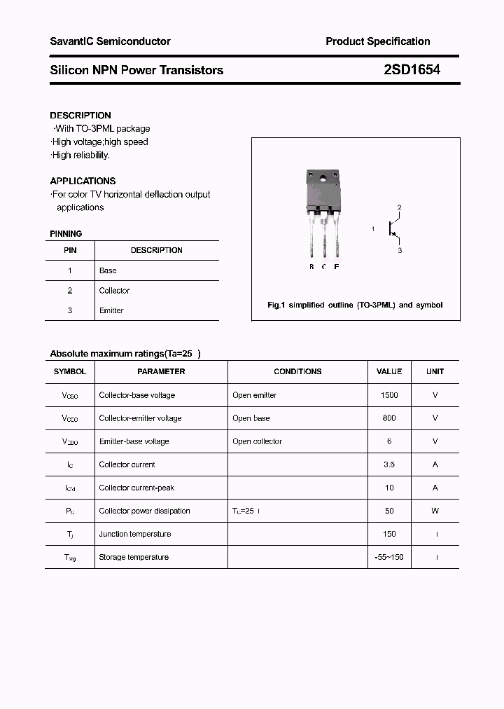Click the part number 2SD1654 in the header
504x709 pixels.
pos(412,70)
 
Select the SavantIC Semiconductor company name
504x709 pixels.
pos(110,41)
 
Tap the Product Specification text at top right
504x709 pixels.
pos(377,41)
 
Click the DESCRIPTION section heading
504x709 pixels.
pos(80,115)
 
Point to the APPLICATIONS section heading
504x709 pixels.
pos(83,181)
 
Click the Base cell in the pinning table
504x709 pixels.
pos(108,270)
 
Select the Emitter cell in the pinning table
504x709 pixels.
pos(111,310)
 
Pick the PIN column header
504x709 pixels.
pos(70,250)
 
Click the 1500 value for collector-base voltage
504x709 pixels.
pos(389,395)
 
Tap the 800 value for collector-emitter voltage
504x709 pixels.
pos(389,418)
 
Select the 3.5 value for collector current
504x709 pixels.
pos(389,464)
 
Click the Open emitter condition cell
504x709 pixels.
pos(254,395)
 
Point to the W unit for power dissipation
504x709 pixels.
pos(435,511)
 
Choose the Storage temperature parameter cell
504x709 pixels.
pos(134,557)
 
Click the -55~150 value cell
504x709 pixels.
pos(389,557)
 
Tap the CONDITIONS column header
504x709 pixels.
pos(297,371)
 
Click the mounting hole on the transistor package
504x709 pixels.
pos(323,178)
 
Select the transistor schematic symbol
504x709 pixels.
pos(394,229)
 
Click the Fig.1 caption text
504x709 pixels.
pos(355,305)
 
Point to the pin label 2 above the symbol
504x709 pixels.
pos(399,207)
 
